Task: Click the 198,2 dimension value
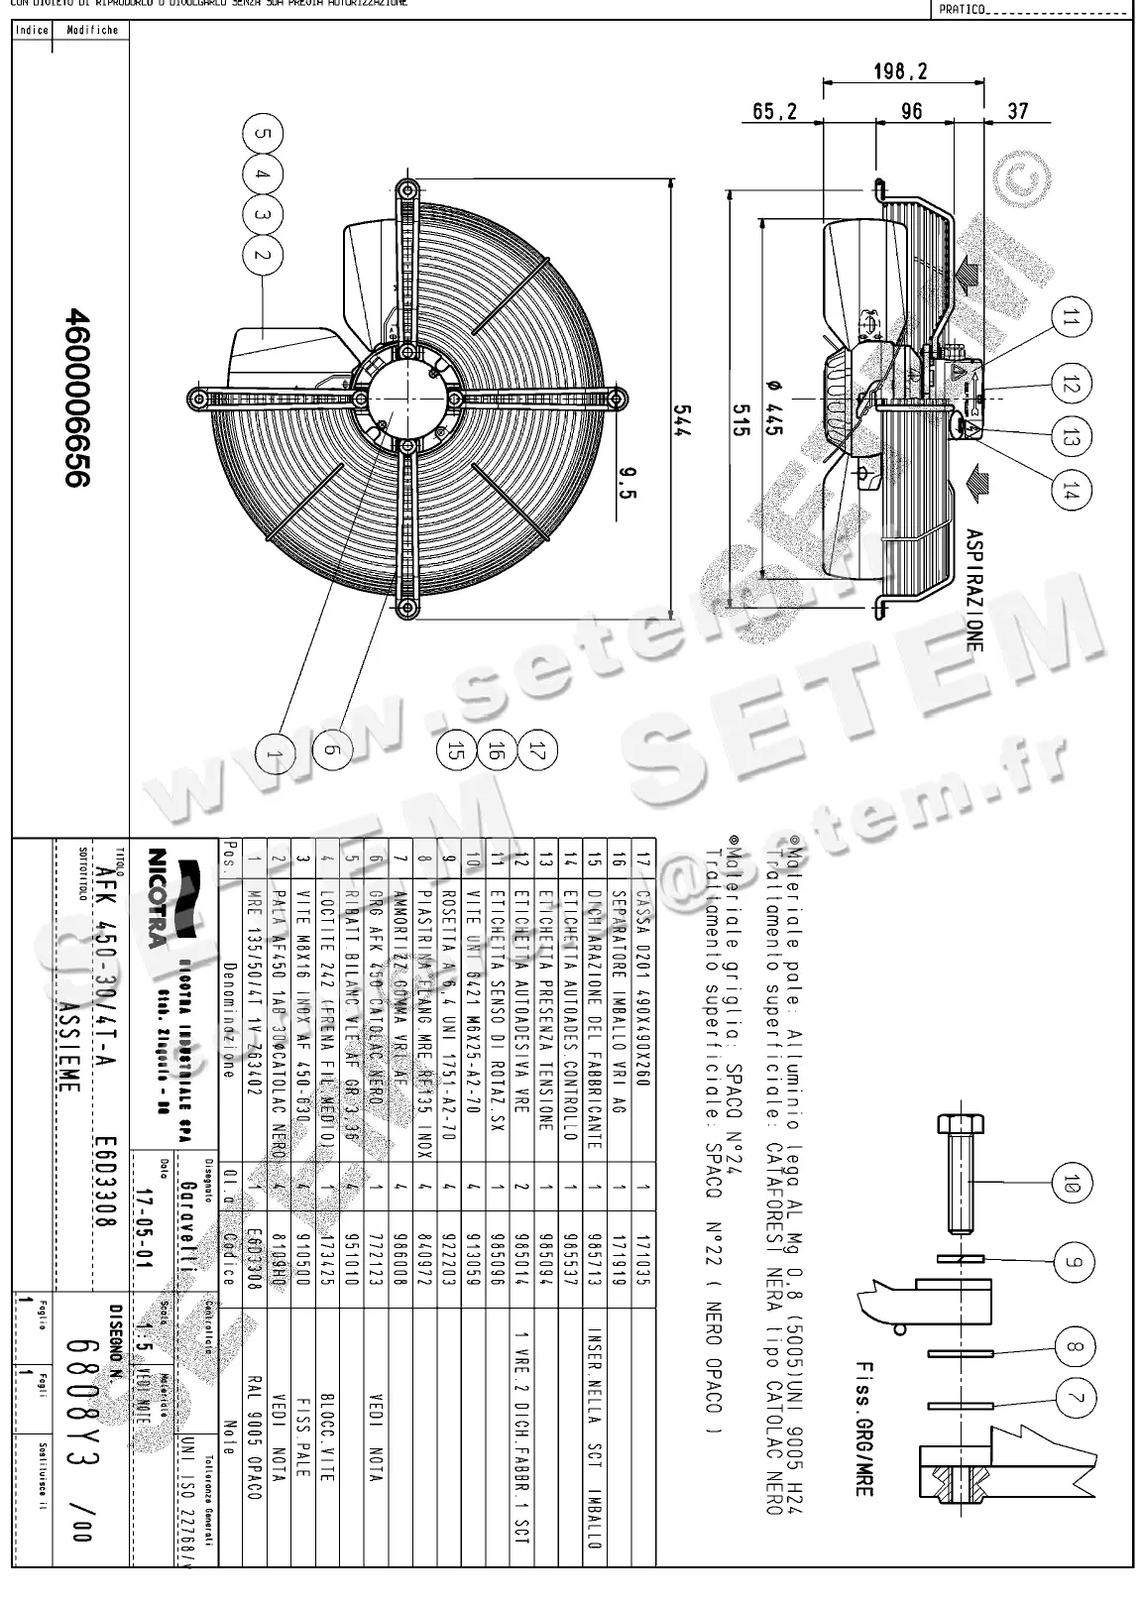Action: point(900,71)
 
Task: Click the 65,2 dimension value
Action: point(775,112)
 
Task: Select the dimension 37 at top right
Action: point(1017,111)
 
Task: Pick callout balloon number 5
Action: point(263,134)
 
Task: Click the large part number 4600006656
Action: point(78,397)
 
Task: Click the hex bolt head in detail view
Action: point(960,1125)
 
